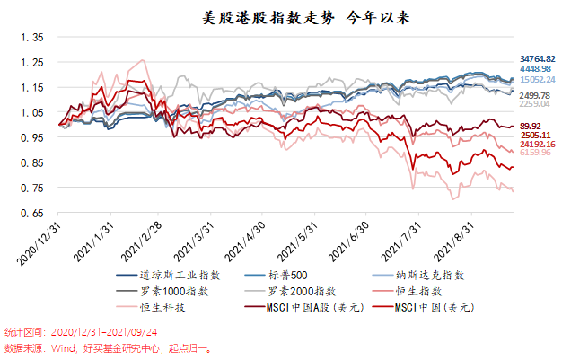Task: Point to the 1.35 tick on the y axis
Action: tap(32, 38)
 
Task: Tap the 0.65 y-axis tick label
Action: tap(32, 214)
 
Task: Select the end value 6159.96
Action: tap(535, 154)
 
